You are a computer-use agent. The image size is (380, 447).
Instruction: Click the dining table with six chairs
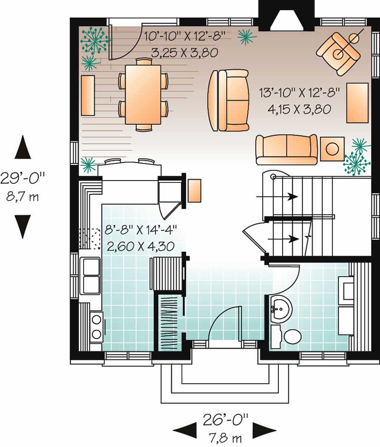pyautogui.click(x=142, y=94)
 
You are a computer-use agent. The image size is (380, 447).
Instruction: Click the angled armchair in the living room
pyautogui.click(x=339, y=53)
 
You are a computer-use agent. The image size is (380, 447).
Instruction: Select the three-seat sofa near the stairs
pyautogui.click(x=286, y=149)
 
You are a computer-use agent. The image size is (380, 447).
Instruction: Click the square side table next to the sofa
pyautogui.click(x=332, y=148)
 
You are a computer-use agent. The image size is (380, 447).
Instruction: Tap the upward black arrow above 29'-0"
pyautogui.click(x=23, y=147)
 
